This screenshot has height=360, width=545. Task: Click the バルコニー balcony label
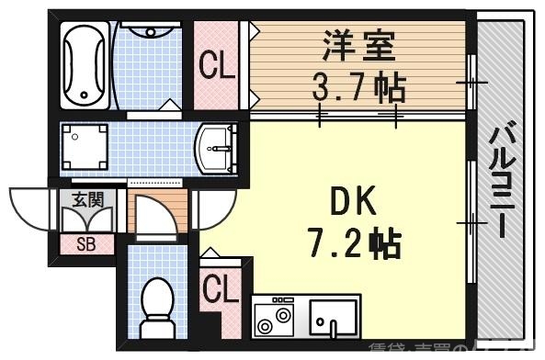(x=501, y=179)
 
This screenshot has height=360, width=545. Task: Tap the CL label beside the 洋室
(x=217, y=67)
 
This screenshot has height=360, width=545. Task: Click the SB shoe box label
(x=85, y=244)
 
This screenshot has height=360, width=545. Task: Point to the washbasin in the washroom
(x=218, y=146)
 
